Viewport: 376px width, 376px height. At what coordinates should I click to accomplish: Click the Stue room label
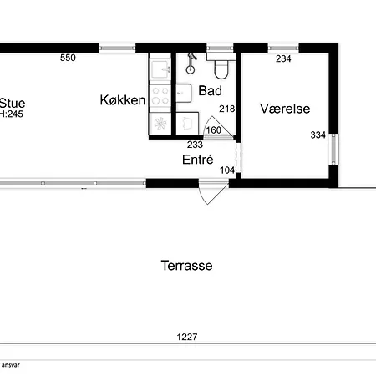tap(13, 104)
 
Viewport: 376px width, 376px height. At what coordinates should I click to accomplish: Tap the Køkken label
tap(123, 100)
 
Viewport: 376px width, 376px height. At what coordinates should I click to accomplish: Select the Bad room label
tap(211, 91)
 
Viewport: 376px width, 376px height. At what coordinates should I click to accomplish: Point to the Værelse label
tap(285, 109)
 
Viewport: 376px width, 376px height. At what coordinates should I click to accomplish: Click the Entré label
tap(198, 160)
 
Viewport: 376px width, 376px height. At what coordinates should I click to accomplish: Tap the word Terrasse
tap(186, 266)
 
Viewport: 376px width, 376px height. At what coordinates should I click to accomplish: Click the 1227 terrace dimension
tap(187, 337)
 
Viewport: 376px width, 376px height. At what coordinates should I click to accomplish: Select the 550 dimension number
tap(68, 58)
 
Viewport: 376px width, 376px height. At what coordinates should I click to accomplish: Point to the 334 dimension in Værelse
tap(318, 135)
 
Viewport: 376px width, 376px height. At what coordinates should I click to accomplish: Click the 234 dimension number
tap(283, 58)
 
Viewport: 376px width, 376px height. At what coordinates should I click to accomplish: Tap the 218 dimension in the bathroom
tap(227, 109)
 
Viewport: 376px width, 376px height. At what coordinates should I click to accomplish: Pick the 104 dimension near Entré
tap(227, 170)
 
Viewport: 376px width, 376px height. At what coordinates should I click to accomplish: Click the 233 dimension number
tap(195, 145)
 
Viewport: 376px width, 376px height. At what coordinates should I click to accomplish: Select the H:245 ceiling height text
tap(12, 114)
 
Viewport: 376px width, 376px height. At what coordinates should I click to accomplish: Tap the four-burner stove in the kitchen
tap(160, 95)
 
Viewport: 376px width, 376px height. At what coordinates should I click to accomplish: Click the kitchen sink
tap(160, 69)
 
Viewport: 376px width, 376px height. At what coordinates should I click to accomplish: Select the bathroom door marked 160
tap(218, 128)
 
